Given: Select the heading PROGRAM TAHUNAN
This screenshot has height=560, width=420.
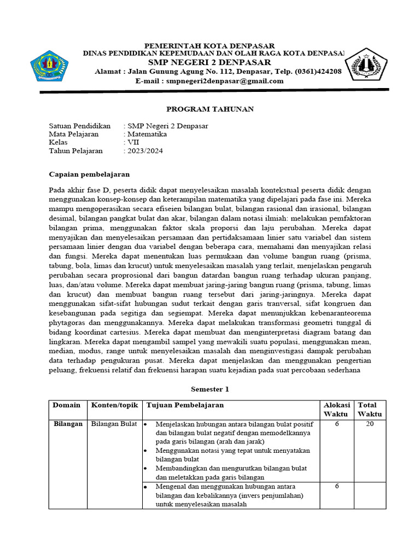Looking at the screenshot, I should click(209, 109).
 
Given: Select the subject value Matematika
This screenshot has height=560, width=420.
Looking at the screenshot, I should click(147, 133).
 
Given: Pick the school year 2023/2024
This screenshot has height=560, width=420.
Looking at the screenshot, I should click(145, 151).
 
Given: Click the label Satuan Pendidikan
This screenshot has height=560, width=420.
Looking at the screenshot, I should click(80, 125).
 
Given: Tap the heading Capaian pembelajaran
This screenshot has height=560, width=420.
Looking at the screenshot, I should click(89, 174).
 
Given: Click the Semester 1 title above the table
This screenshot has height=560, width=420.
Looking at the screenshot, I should click(209, 389).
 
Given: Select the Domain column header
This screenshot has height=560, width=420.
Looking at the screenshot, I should click(66, 405).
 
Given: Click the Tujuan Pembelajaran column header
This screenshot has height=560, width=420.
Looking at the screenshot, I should click(184, 405).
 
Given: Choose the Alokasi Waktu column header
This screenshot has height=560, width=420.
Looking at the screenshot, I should click(336, 410).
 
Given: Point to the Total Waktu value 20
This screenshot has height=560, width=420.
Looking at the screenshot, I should click(370, 424).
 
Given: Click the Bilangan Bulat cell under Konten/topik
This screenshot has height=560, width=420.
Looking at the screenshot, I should click(113, 424).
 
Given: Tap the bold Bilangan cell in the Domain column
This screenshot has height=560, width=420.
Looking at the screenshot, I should click(68, 424).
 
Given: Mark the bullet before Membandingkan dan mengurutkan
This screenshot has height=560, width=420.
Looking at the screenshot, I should click(145, 469).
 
